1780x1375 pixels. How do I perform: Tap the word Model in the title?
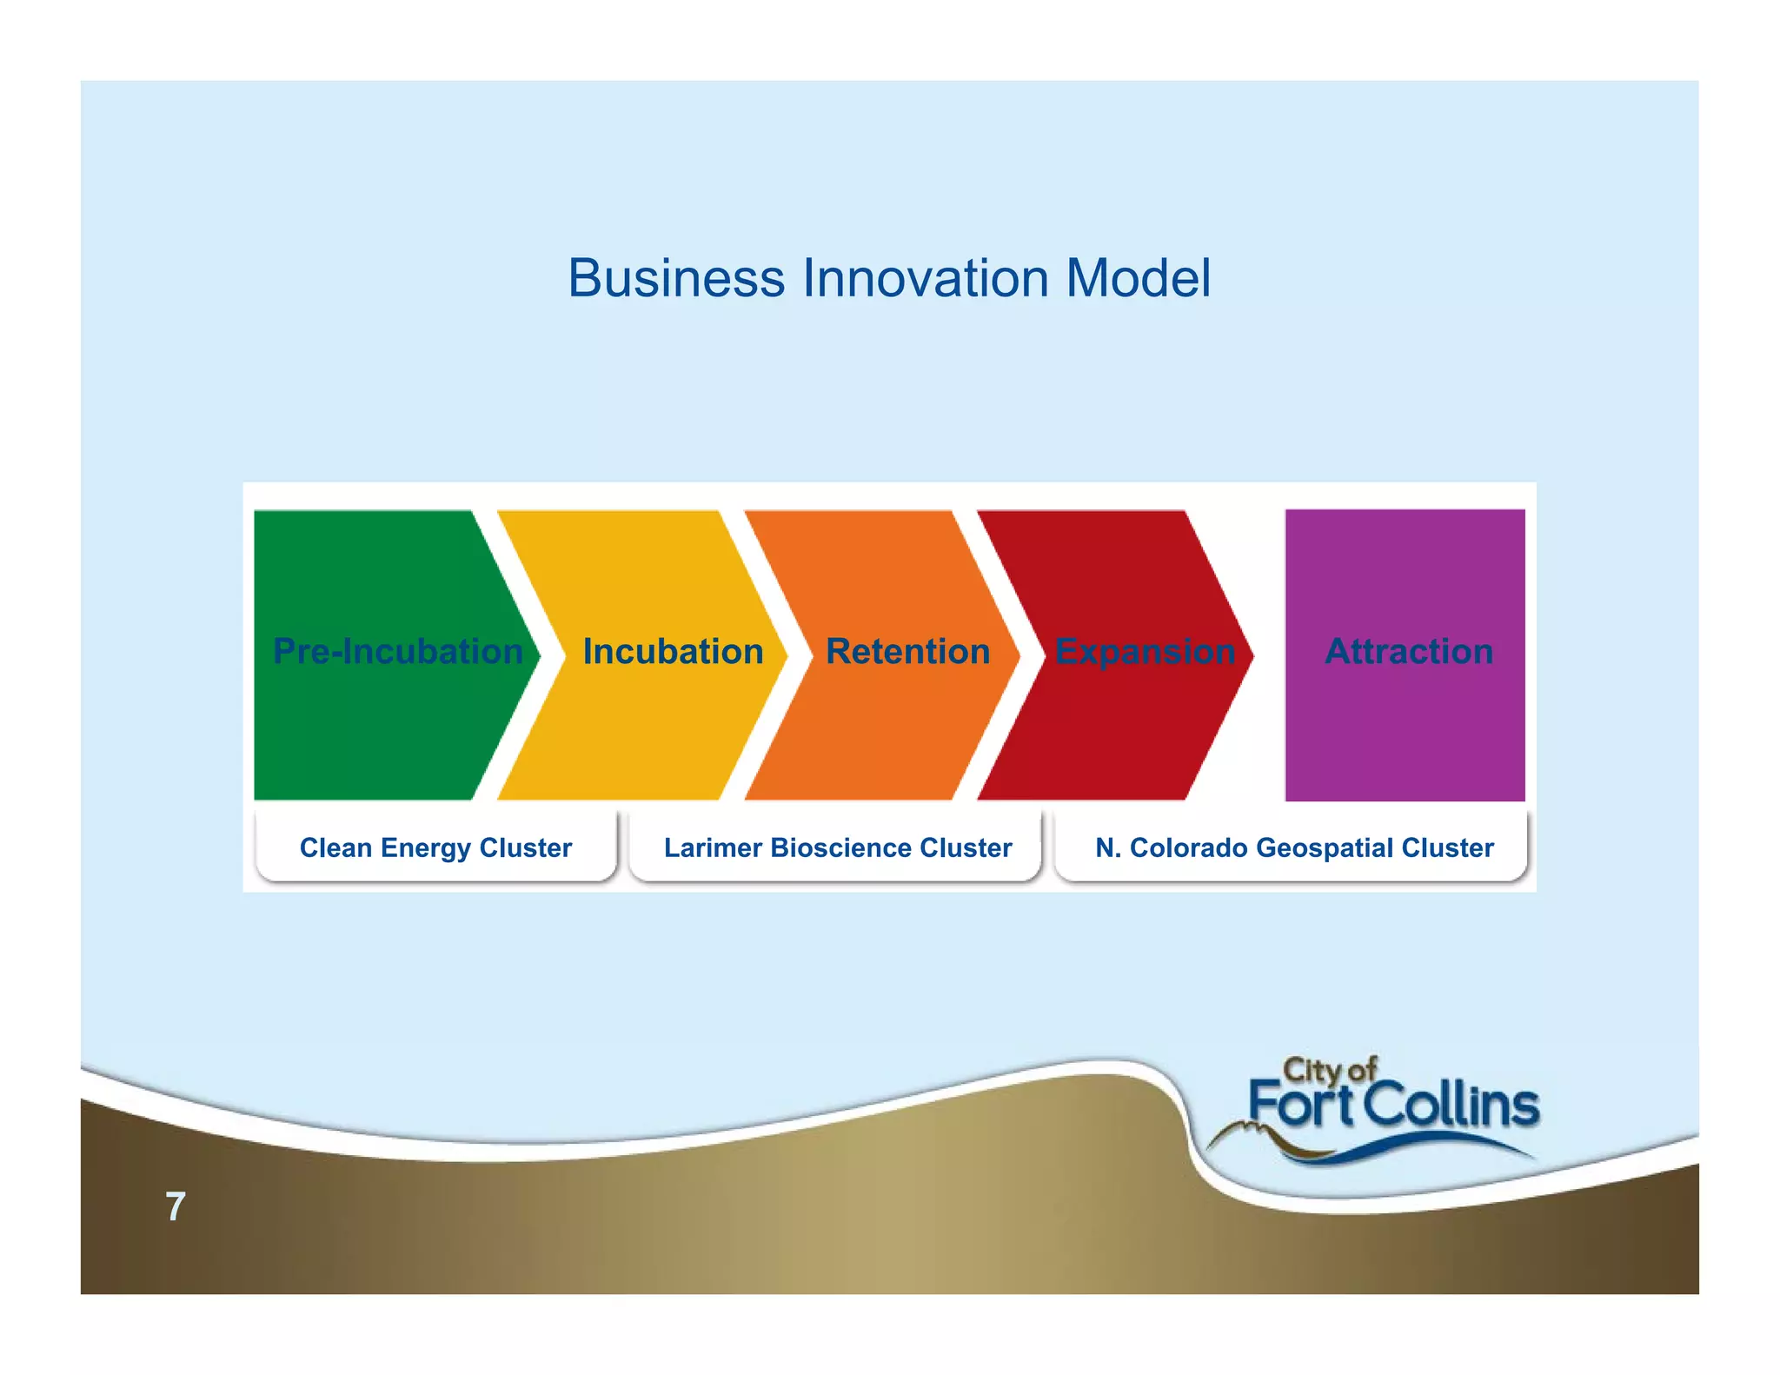(x=1138, y=279)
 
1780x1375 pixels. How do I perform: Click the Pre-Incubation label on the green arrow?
(x=398, y=652)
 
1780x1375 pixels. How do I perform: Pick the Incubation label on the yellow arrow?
(x=673, y=652)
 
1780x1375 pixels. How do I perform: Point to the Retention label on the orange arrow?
(x=907, y=652)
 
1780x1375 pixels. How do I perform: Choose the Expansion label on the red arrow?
(x=1145, y=652)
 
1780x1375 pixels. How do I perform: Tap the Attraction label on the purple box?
(x=1409, y=652)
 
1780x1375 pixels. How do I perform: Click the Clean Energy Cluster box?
(x=435, y=847)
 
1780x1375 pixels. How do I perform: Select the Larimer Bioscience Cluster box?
(x=837, y=847)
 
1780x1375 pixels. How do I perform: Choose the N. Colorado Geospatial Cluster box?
(x=1294, y=847)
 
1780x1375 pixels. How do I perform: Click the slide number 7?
(x=176, y=1206)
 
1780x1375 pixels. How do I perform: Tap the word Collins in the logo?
(x=1451, y=1106)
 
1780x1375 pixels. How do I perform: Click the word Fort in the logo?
(x=1301, y=1106)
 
